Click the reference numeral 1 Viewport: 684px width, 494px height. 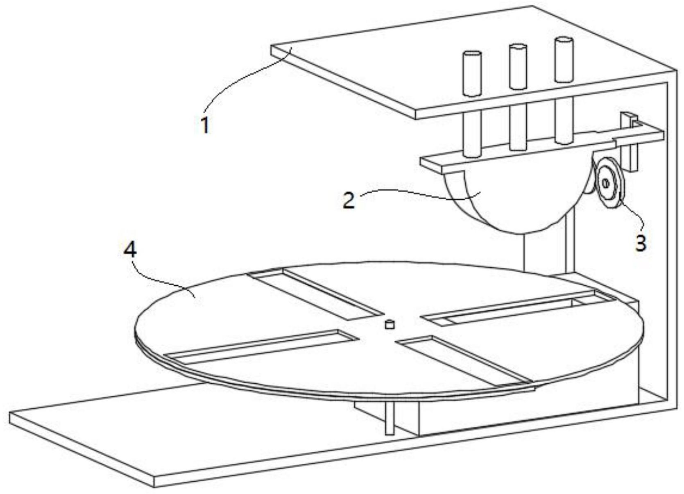[206, 125]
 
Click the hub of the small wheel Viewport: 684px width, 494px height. [606, 184]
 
